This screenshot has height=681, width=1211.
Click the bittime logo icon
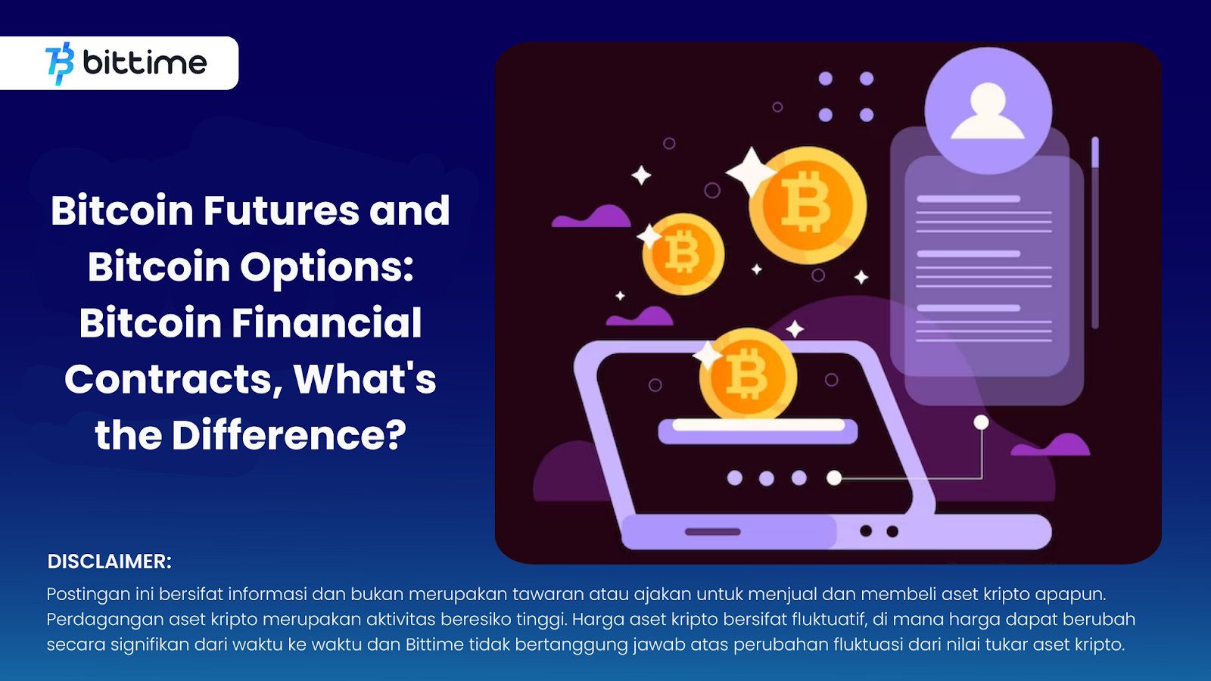(x=60, y=64)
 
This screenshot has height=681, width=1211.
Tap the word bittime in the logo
(x=145, y=63)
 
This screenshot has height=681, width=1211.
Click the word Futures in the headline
(x=281, y=210)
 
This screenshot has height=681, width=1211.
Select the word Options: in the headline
(x=326, y=268)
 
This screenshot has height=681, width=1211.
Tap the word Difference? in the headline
(x=288, y=435)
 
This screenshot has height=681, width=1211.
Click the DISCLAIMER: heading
(x=109, y=561)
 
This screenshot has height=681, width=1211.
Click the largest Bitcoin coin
(x=808, y=205)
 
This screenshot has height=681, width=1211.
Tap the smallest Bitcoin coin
(x=683, y=254)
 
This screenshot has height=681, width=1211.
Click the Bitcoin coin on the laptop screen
(x=749, y=374)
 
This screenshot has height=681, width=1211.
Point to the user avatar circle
(x=988, y=110)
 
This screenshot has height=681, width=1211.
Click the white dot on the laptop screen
(x=834, y=477)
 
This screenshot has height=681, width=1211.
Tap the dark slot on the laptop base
(x=712, y=532)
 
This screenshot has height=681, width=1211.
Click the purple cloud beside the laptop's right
(x=1051, y=446)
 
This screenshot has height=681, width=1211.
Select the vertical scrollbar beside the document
(x=1095, y=232)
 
